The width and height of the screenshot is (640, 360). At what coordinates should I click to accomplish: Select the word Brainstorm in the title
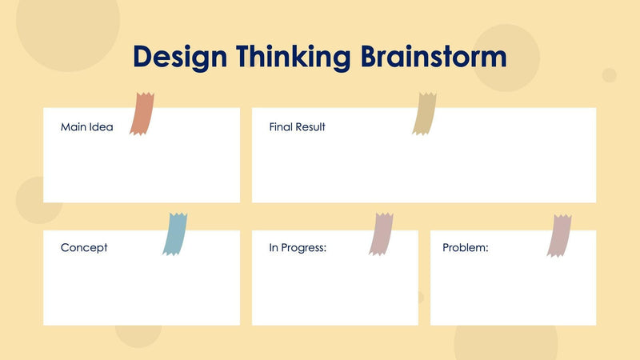point(433,58)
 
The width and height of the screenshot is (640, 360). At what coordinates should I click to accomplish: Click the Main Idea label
point(87,127)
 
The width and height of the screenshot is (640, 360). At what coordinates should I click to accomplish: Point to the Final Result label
point(297,127)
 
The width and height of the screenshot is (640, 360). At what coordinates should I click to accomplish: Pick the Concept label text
point(84,248)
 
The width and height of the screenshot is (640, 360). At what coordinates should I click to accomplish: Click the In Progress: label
point(298,248)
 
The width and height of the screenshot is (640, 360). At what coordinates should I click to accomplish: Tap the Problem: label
point(466,248)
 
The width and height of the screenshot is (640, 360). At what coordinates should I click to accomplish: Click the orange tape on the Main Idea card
point(143,113)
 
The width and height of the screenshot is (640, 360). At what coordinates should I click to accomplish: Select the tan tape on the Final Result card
point(424,114)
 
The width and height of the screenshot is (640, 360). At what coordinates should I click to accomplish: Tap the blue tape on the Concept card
point(174,234)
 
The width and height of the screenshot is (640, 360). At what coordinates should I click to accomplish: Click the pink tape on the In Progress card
point(381,234)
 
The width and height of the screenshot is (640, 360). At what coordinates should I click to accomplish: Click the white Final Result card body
point(424,168)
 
